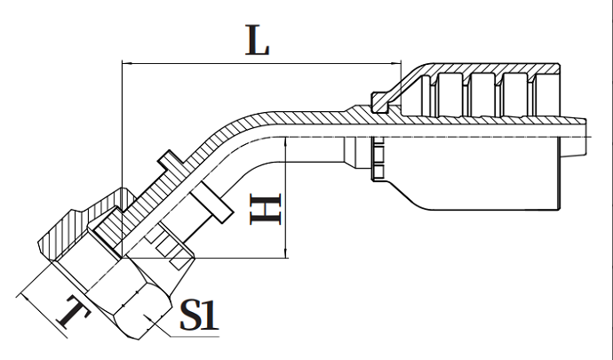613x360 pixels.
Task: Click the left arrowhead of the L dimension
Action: point(125,63)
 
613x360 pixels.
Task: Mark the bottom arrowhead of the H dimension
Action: point(285,254)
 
